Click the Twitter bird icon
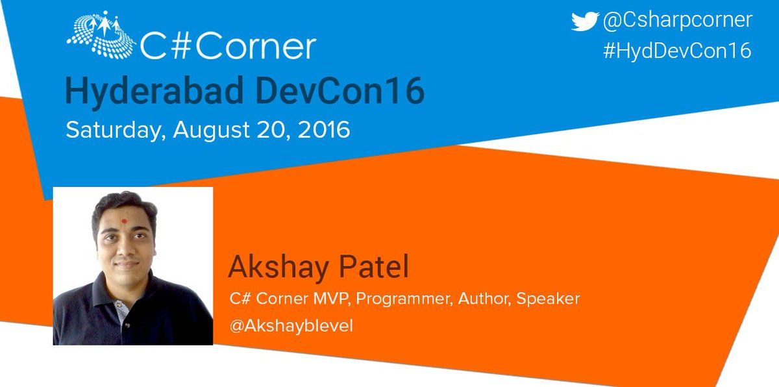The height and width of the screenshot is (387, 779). (x=585, y=21)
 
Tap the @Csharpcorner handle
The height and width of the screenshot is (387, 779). (x=678, y=21)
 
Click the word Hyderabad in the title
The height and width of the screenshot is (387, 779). (x=154, y=92)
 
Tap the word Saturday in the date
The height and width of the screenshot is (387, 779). (x=116, y=131)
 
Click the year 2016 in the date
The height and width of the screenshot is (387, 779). (x=324, y=130)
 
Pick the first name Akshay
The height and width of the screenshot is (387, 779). (x=278, y=268)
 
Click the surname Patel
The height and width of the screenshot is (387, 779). (x=374, y=266)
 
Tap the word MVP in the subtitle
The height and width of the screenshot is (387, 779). (x=330, y=299)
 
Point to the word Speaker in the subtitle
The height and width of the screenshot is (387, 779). (x=548, y=300)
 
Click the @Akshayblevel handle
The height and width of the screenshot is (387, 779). (x=291, y=327)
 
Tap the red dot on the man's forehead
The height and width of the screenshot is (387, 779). (x=124, y=221)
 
